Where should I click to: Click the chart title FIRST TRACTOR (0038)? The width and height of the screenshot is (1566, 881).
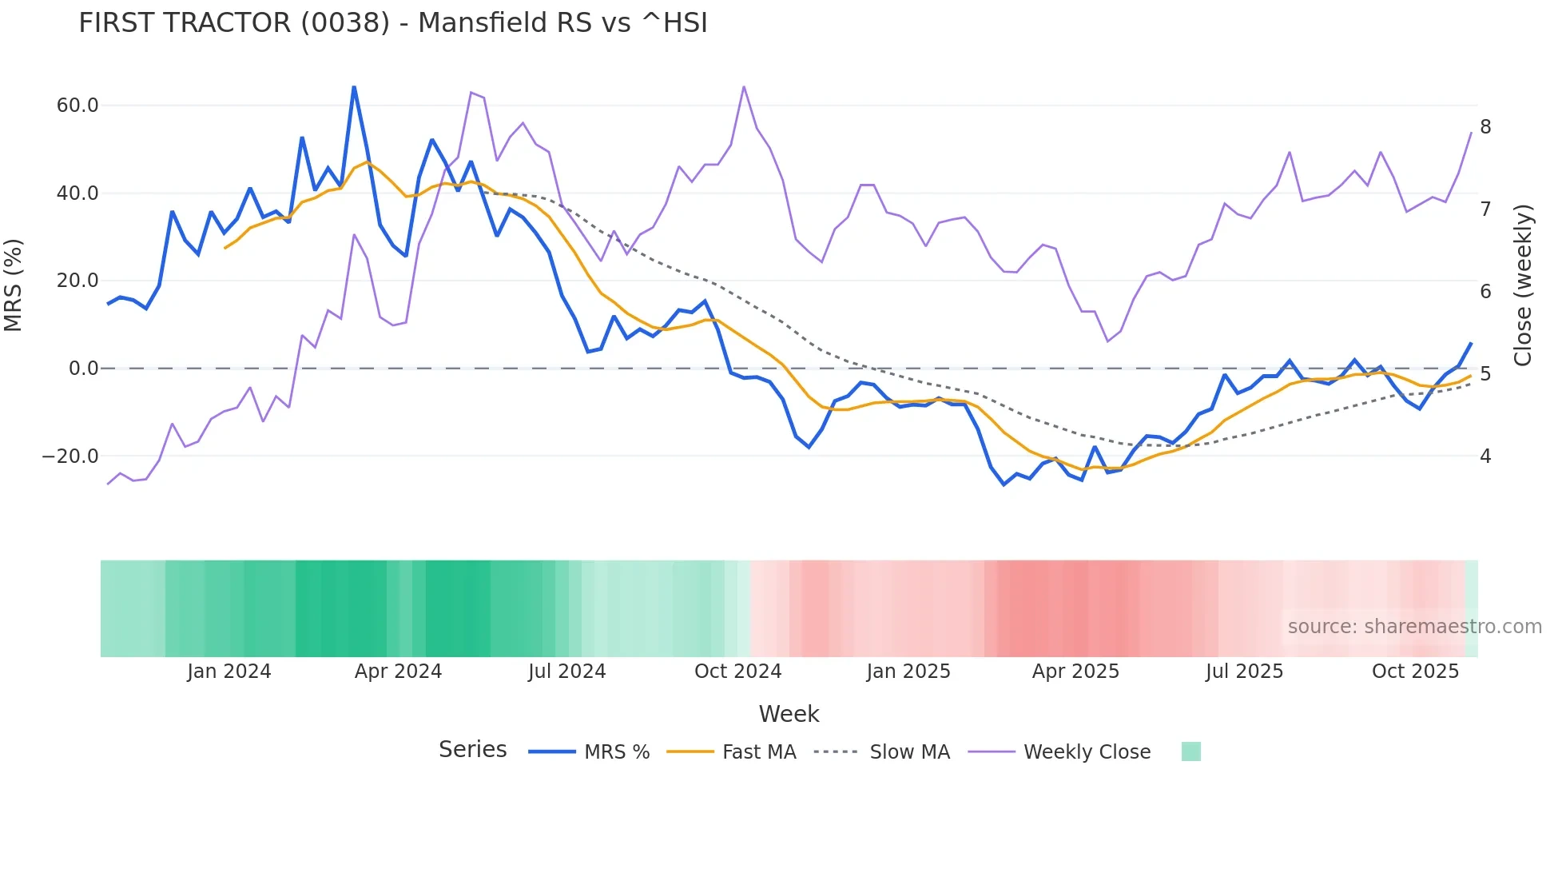click(392, 23)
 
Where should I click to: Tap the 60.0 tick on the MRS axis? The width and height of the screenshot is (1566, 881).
click(78, 106)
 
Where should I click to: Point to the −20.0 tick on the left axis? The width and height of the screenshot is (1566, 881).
click(70, 456)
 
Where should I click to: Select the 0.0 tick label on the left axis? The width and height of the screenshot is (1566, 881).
click(83, 369)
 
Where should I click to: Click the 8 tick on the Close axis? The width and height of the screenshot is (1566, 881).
click(1485, 127)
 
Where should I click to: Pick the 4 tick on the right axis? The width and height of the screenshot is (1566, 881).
click(1485, 456)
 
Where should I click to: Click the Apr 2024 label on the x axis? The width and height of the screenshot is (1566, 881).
click(398, 672)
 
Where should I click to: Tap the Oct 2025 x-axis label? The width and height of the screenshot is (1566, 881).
click(1415, 672)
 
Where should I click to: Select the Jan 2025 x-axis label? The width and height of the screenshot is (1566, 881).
click(908, 672)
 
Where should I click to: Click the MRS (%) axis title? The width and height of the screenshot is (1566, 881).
click(14, 285)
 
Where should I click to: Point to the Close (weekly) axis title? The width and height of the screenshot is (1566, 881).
click(1523, 285)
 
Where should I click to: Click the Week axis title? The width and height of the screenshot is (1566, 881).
click(789, 714)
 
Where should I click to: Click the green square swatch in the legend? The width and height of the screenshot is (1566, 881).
click(1190, 752)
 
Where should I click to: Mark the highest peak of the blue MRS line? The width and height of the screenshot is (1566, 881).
click(354, 87)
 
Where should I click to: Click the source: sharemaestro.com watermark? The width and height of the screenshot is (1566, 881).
click(1414, 627)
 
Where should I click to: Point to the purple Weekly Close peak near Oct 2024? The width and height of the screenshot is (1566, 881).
click(744, 87)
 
